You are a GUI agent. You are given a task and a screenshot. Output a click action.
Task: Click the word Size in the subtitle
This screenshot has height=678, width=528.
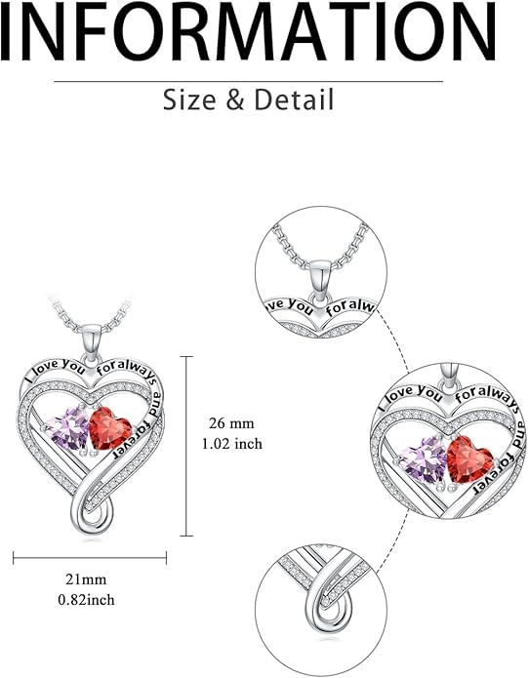tap(189, 100)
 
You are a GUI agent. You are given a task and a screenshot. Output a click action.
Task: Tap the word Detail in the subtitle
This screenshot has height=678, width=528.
tap(294, 100)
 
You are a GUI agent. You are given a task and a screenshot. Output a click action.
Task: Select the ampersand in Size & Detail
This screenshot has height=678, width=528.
tap(235, 100)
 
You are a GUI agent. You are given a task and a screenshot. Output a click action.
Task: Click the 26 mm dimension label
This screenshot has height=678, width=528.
tap(231, 423)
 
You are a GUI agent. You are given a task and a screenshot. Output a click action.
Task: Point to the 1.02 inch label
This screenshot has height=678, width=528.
tap(232, 444)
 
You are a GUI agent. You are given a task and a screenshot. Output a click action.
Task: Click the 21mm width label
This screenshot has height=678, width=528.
tap(86, 578)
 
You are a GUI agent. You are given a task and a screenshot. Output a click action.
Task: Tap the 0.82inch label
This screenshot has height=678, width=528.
tap(87, 600)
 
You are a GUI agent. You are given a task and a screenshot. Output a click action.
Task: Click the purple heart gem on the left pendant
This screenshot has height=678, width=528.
tap(68, 429)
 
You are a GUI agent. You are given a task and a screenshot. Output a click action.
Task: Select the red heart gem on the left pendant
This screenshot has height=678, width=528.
tap(109, 428)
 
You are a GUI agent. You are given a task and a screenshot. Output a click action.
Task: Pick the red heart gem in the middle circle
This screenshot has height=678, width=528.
tap(469, 459)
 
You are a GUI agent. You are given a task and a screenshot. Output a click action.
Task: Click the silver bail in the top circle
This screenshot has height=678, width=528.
tap(320, 280)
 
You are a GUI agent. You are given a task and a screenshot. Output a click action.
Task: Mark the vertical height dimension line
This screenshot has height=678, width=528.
tap(186, 446)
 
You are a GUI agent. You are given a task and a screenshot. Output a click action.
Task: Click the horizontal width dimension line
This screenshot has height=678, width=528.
tap(90, 558)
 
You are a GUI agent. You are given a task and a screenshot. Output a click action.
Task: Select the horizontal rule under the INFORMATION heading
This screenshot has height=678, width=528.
tap(248, 81)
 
